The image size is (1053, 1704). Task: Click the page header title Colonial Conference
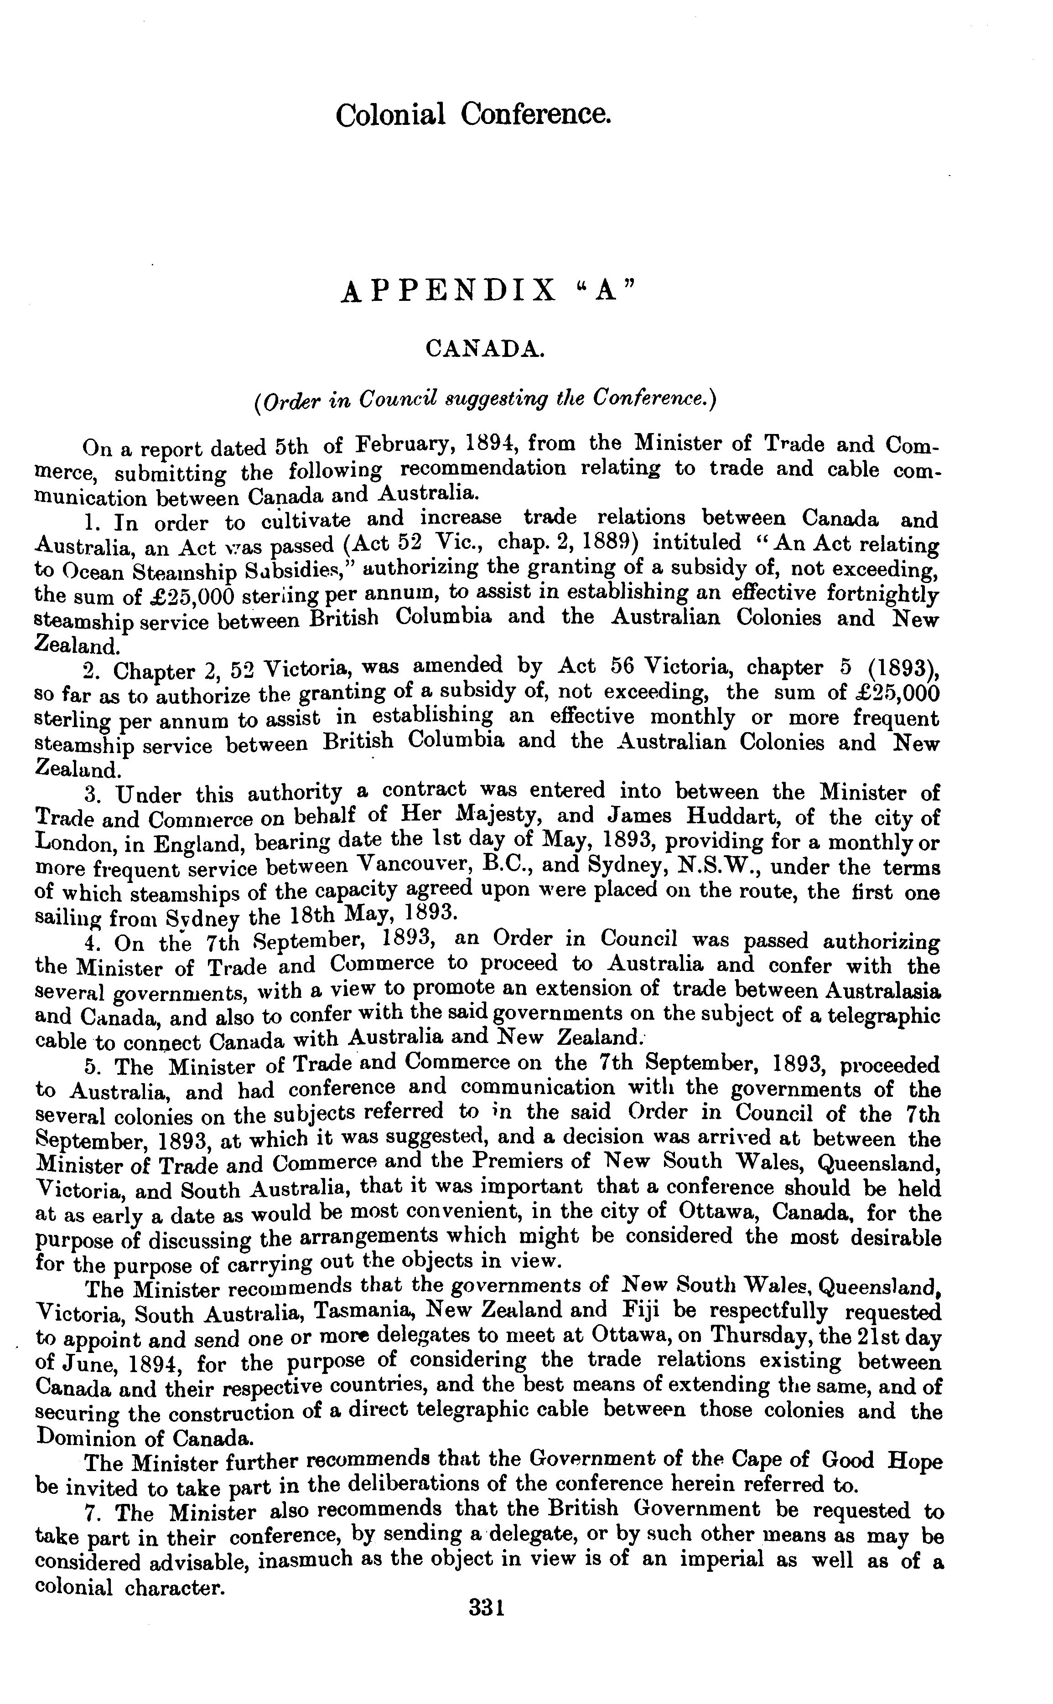click(473, 114)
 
